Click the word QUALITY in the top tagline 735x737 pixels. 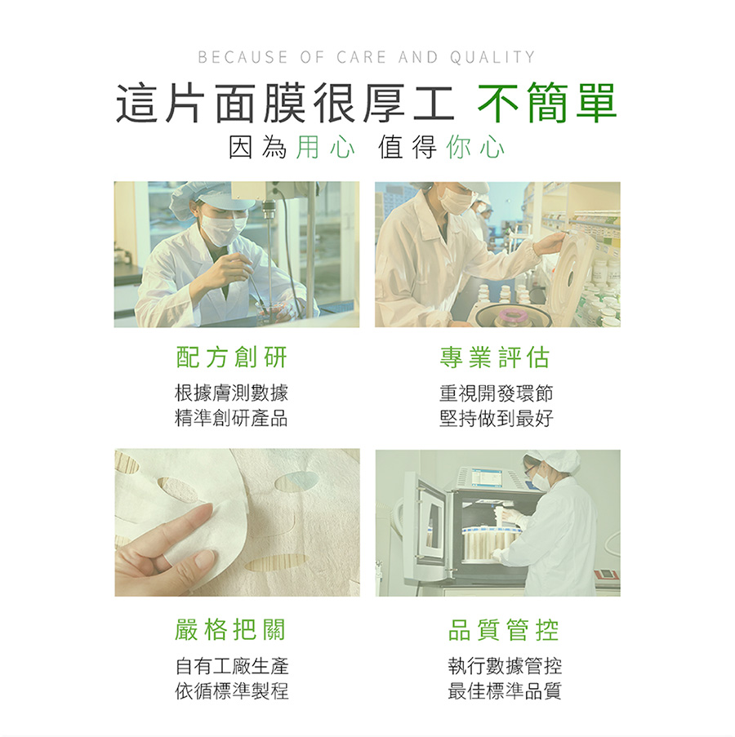click(x=492, y=57)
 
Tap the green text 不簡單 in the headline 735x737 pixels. click(x=547, y=103)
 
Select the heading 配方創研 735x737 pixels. click(x=231, y=357)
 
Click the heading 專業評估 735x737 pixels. click(x=495, y=357)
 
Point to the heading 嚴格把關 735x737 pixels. click(x=230, y=630)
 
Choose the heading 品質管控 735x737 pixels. click(x=504, y=630)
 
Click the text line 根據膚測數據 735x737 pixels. click(x=231, y=393)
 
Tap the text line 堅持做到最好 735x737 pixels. click(x=496, y=419)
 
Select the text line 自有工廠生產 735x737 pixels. click(x=232, y=666)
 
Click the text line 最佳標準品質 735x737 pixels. click(x=505, y=691)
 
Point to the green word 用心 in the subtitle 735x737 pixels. click(x=325, y=147)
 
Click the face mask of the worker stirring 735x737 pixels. click(x=221, y=229)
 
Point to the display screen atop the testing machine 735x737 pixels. click(x=488, y=479)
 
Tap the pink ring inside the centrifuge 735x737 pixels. click(x=513, y=314)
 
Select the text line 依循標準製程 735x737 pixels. click(x=232, y=691)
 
